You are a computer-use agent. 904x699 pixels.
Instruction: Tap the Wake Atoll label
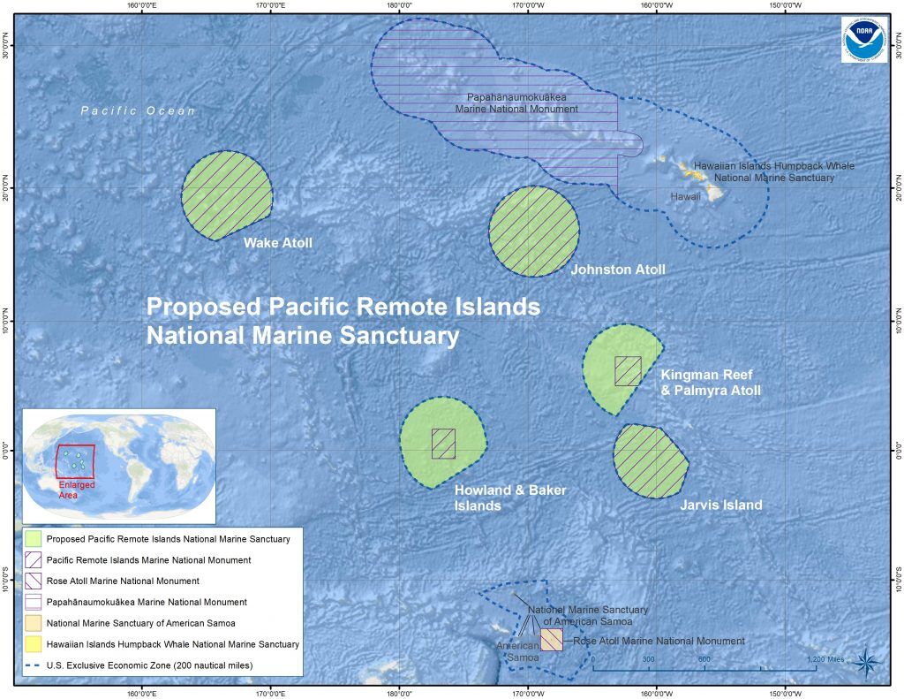point(278,243)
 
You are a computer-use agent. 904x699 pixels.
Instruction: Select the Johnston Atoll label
point(618,270)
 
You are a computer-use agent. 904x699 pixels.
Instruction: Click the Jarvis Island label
point(720,505)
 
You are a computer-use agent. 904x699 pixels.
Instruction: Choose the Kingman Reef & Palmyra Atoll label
point(710,383)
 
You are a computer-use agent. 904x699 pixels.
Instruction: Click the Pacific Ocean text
point(138,111)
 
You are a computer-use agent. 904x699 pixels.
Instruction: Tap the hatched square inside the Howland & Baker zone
point(443,444)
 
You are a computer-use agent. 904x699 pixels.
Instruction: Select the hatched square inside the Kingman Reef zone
point(628,371)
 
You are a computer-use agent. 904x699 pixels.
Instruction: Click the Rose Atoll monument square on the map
point(551,640)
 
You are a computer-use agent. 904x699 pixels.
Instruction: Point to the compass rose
point(868,658)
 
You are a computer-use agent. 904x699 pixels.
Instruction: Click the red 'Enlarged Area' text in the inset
point(76,490)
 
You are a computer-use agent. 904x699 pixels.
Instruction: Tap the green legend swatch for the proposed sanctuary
point(33,538)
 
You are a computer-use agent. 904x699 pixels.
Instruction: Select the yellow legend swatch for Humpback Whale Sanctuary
point(33,644)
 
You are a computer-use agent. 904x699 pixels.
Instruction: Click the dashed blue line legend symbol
point(33,665)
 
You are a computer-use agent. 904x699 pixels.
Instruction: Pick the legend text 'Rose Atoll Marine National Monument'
point(123,581)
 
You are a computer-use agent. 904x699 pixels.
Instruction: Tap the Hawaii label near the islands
point(685,196)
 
